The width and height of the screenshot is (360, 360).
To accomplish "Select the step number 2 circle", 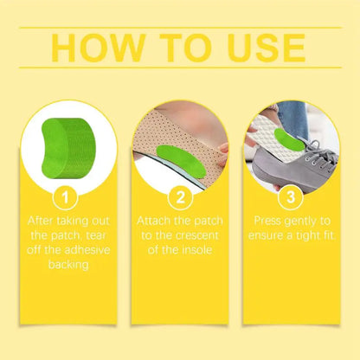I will pos(180,196).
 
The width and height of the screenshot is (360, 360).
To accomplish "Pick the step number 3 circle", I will pos(292,196).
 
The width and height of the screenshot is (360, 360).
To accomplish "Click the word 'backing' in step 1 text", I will pos(67,265).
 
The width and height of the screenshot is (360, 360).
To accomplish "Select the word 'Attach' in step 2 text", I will pos(157,221).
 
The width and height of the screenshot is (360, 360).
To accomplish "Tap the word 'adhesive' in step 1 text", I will pos(87,250).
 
